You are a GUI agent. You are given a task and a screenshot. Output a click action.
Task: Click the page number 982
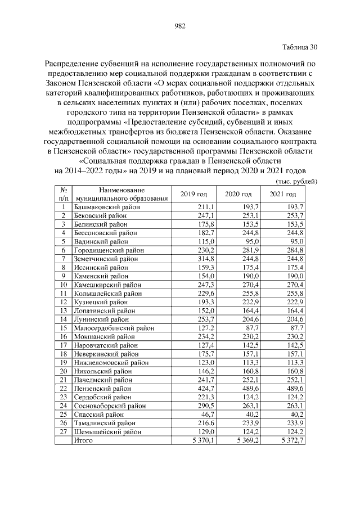click(x=180, y=26)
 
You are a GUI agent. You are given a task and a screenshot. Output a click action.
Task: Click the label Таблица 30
click(x=299, y=47)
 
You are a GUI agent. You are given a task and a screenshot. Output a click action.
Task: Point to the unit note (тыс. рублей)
click(x=297, y=181)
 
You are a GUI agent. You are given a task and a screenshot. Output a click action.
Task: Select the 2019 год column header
click(x=193, y=194)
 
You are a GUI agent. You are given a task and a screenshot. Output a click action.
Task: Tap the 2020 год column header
click(x=238, y=194)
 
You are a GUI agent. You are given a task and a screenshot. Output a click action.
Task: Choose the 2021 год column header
click(x=283, y=194)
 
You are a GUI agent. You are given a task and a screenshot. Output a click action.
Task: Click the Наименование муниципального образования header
click(x=122, y=194)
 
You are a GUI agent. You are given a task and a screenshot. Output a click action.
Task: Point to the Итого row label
click(x=84, y=440)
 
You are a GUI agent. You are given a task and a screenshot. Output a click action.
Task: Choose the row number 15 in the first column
click(x=64, y=328)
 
